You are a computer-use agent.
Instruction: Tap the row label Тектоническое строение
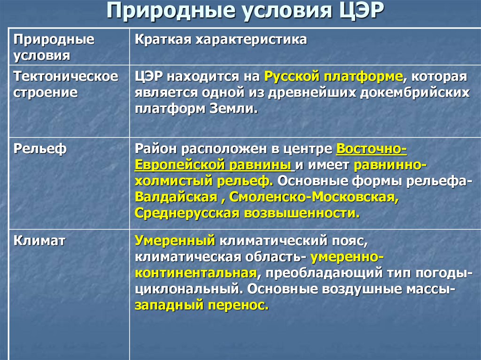pos(66,84)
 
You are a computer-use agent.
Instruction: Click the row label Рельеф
pos(40,149)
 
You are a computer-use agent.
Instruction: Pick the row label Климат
pos(39,241)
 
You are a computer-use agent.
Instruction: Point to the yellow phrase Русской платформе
pos(334,77)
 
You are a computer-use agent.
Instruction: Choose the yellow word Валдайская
pos(176,197)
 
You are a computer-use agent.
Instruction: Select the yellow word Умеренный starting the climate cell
pos(175,241)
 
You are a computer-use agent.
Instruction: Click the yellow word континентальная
pos(196,273)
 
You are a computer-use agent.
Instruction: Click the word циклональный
pos(187,289)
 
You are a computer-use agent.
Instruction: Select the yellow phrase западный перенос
pos(201,305)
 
